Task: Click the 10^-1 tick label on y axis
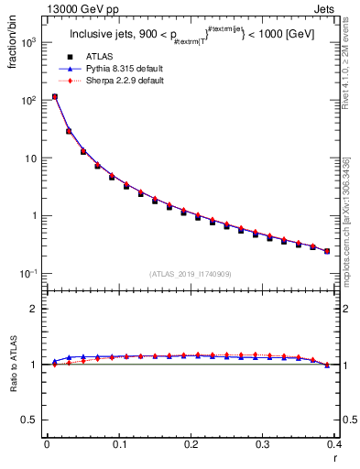coord(29,274)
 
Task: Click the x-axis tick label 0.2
coord(191,444)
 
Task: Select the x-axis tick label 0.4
coord(333,444)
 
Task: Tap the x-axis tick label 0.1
coord(119,444)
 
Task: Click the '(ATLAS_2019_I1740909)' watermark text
coord(190,273)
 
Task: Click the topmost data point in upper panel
coord(55,96)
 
